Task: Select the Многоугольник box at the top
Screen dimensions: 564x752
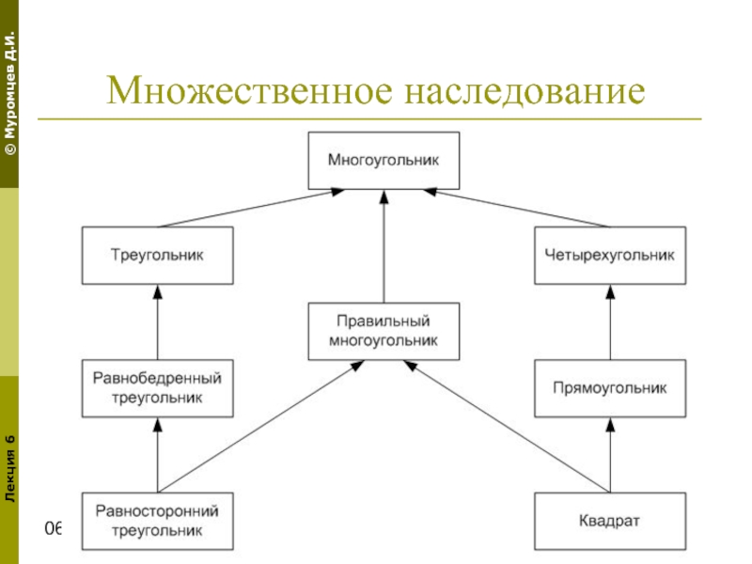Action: (x=384, y=161)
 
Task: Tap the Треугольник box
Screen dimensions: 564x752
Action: (x=157, y=255)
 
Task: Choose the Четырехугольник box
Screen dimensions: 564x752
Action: (x=609, y=255)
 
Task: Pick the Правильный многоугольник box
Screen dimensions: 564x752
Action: (x=384, y=330)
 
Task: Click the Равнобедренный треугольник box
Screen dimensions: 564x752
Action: (x=157, y=388)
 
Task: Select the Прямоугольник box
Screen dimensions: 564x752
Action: (x=609, y=387)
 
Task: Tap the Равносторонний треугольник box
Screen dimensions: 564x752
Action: (x=157, y=521)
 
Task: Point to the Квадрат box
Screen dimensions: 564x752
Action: (x=609, y=521)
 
